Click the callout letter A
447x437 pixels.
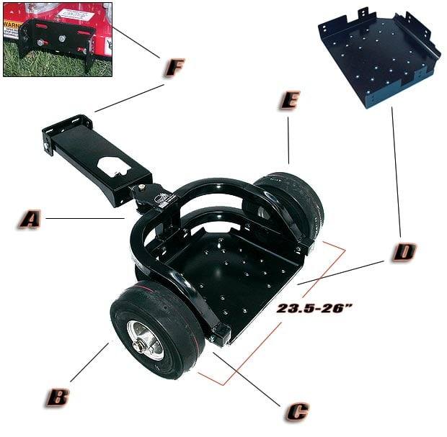(29, 219)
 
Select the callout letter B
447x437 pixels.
(58, 397)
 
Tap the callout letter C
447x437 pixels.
(297, 411)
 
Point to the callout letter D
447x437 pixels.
(404, 252)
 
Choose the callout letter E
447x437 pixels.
(289, 100)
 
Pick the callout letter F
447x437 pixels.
(174, 68)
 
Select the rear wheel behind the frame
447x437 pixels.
(296, 202)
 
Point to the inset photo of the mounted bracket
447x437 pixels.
(58, 40)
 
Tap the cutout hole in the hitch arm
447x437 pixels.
(115, 163)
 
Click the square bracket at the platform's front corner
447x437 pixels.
(220, 333)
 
